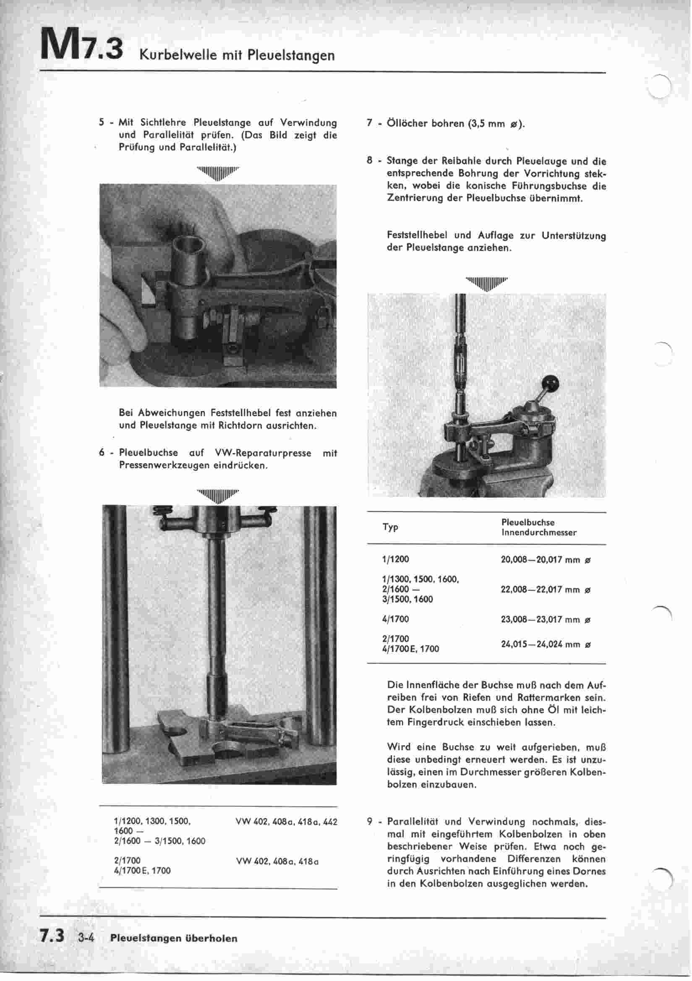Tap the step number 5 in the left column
[101, 123]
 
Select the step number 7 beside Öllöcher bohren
[369, 123]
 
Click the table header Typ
[390, 527]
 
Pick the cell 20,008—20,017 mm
[545, 559]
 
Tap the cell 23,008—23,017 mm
[545, 619]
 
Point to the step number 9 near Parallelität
[370, 822]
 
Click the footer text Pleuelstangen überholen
[174, 938]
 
